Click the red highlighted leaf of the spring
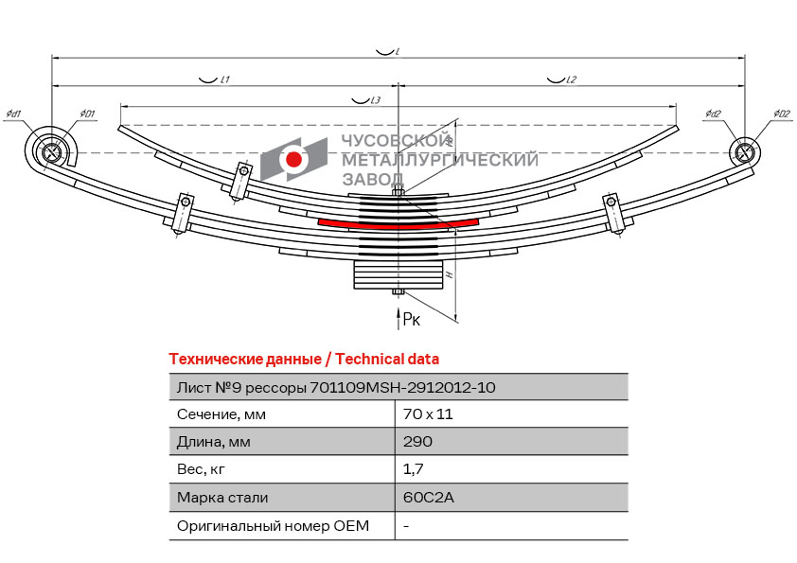point(398,222)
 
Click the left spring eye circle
point(52,151)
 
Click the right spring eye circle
point(744,151)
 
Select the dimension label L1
point(225,79)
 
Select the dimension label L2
point(571,79)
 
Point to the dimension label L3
point(375,100)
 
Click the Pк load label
point(412,320)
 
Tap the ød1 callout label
point(13,114)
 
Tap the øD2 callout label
point(781,114)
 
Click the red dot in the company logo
point(294,159)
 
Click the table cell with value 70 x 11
point(423,414)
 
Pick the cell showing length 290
point(417,442)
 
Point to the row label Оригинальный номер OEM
point(273,525)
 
